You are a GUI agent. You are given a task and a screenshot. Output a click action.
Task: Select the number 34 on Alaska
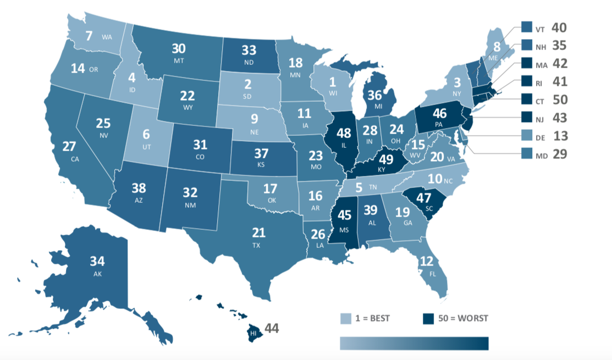tap(98, 261)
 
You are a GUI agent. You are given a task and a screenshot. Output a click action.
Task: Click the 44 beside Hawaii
tap(272, 328)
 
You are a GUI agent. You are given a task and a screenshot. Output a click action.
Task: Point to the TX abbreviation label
tap(256, 246)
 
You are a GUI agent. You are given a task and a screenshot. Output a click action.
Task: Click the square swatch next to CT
tap(525, 99)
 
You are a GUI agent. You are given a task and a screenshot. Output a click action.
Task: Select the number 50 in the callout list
tap(559, 99)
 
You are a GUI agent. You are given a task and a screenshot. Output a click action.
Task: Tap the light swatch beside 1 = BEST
tap(346, 318)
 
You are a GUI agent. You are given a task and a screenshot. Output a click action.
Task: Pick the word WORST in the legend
tap(472, 318)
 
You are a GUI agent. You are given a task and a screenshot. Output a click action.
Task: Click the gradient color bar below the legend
tap(414, 343)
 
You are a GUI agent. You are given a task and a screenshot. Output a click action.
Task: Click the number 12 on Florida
tap(426, 261)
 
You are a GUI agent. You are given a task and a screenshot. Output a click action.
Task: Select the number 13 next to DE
tap(559, 136)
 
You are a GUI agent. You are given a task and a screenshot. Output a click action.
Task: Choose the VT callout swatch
tap(525, 27)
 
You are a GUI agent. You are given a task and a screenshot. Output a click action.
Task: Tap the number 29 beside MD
tap(559, 154)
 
